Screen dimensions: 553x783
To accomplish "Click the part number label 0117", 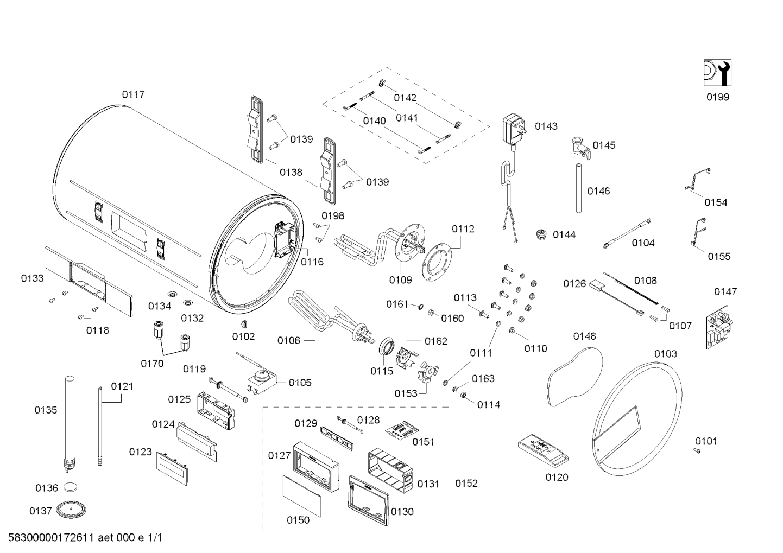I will point(133,94).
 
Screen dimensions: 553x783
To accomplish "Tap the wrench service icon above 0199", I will point(717,73).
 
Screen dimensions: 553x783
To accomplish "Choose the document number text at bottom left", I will point(85,538).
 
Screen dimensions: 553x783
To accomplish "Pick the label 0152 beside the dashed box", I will point(466,483).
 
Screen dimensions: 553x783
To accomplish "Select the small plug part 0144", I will point(540,234).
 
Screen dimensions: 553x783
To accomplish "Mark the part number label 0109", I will point(400,280).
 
